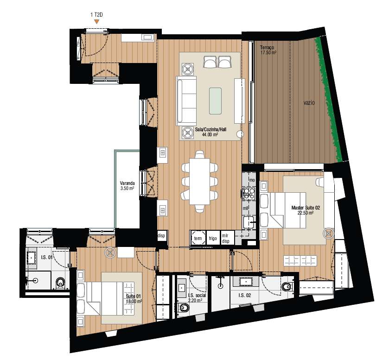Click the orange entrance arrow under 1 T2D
click(x=96, y=21)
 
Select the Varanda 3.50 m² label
click(x=127, y=185)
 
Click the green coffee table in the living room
click(x=216, y=101)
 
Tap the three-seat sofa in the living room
click(x=187, y=101)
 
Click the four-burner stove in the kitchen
click(x=249, y=193)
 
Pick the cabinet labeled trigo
click(x=213, y=238)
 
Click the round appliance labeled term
click(x=198, y=238)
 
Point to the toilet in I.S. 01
click(x=59, y=282)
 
